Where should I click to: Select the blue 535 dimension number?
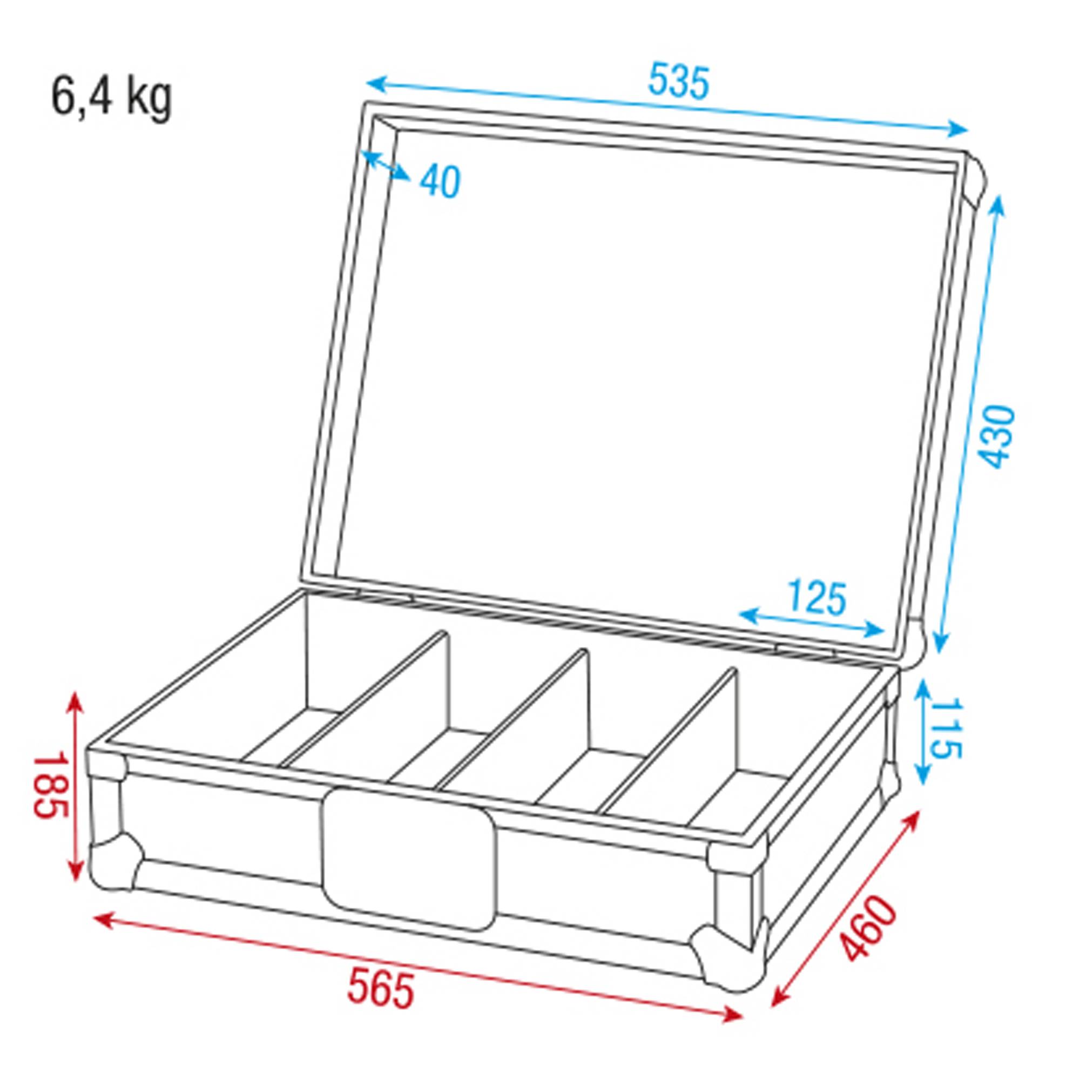pos(678,82)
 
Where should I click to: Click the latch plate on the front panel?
pos(409,858)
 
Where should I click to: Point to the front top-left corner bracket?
pos(107,762)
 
